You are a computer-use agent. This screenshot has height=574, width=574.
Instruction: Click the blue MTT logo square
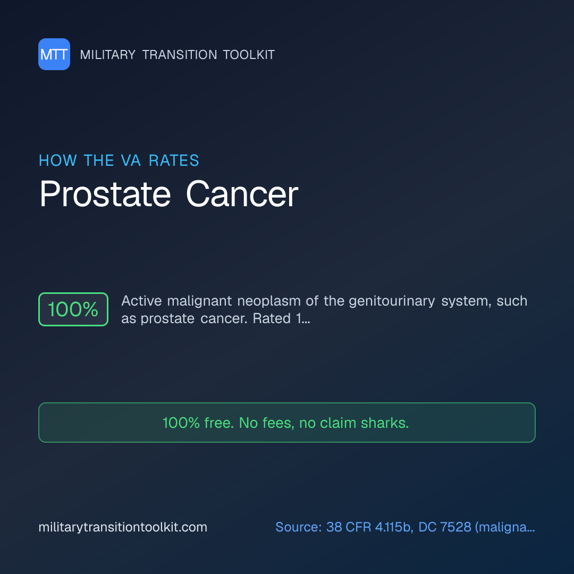coord(54,54)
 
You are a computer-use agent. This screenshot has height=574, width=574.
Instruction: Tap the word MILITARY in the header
coord(107,55)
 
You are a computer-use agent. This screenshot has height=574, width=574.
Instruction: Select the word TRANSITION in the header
coord(180,55)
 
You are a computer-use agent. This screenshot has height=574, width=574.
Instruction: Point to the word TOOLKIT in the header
coord(249,55)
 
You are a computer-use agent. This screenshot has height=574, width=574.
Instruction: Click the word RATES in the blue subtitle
coord(174,161)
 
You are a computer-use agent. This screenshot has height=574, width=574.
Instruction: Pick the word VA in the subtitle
coord(131,161)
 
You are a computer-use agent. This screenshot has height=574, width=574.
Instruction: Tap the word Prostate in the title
coord(105,194)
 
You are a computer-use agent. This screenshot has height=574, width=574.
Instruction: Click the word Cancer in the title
coord(242,194)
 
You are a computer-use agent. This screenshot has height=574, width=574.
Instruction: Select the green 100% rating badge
coord(73,309)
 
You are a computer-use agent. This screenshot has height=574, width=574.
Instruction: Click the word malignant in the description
coord(199,301)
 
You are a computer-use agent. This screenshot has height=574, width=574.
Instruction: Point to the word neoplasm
coord(269,301)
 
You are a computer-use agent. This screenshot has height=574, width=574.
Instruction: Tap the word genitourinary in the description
coord(392,301)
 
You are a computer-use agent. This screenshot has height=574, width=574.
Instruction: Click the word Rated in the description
coord(272,318)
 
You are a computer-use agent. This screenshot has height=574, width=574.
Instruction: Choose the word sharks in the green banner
coord(385,423)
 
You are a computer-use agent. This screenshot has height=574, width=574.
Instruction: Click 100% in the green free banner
coord(181,423)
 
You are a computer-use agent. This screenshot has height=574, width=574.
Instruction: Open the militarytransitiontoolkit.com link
coord(123,527)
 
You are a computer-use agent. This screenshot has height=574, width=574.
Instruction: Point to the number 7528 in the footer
coord(455,527)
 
